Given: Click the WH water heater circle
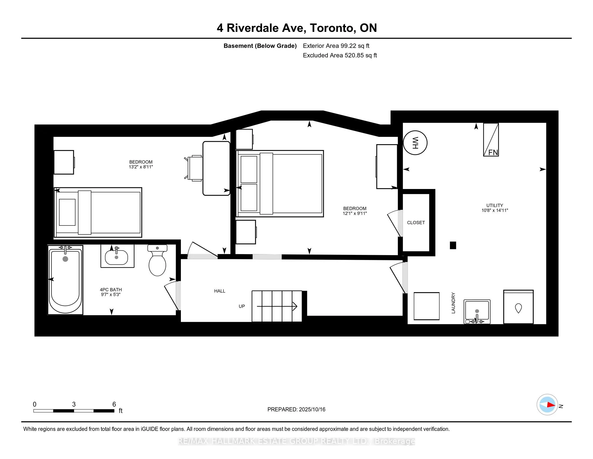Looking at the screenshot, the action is tap(415, 143).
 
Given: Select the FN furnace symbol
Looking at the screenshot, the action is tap(491, 140).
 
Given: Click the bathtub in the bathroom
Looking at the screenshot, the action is tap(65, 280).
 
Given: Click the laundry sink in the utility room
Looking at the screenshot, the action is tap(477, 312).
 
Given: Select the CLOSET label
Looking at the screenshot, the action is tap(416, 223).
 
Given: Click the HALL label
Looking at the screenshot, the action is tap(220, 291).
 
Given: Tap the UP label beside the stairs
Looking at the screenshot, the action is tap(242, 306).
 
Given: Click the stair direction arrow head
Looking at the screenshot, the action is tap(295, 306).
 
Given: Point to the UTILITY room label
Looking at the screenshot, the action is tap(495, 205).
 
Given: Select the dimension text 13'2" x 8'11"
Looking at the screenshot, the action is tap(141, 167).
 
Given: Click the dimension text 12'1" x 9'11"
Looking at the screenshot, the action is tap(355, 214).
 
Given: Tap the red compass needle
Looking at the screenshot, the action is tap(551, 405).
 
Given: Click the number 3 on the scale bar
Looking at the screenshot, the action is tap(74, 404).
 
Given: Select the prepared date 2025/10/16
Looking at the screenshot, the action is tap(312, 410).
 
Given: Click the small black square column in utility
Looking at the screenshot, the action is tap(453, 245).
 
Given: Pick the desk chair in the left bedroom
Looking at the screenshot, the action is tap(194, 168).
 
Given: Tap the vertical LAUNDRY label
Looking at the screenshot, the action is tap(453, 303).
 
